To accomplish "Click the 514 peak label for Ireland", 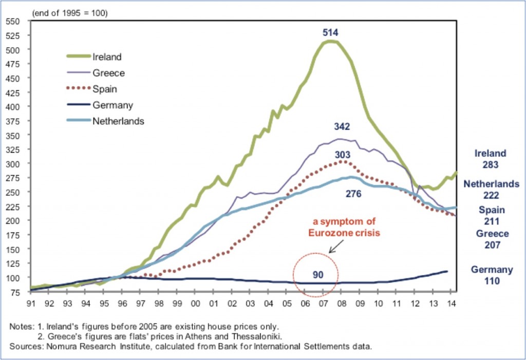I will pyautogui.click(x=330, y=32).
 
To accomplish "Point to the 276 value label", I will pyautogui.click(x=354, y=194).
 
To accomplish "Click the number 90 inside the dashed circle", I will pyautogui.click(x=318, y=274).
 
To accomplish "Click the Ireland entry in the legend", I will pyautogui.click(x=107, y=56).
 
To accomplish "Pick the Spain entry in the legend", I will pyautogui.click(x=105, y=89).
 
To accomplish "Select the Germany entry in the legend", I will pyautogui.click(x=113, y=105).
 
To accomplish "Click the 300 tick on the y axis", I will pyautogui.click(x=13, y=163).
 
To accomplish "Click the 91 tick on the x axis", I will pyautogui.click(x=31, y=303).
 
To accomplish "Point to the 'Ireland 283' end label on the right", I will pyautogui.click(x=490, y=159).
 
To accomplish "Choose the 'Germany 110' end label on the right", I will pyautogui.click(x=492, y=275).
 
